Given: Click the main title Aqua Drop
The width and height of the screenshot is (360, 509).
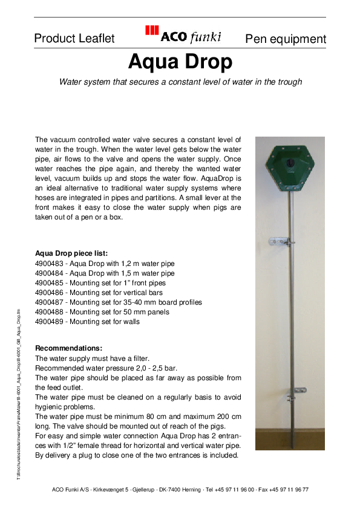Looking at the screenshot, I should pos(180,62).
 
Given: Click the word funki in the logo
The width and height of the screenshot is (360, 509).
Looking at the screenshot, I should pos(206,37).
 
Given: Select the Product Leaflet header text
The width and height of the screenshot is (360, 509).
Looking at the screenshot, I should pos(74,39).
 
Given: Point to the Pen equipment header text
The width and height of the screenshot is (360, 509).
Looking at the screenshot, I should pos(286,39).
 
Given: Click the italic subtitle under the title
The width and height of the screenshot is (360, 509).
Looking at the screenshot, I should pos(180,82).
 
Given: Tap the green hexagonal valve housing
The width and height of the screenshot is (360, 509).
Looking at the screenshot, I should pos(289,166).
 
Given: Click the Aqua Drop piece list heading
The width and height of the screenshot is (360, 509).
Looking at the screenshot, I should pos(71,253).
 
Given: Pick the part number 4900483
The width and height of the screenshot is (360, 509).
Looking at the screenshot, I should pos(51,264).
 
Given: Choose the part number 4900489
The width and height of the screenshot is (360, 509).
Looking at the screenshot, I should pos(51,322).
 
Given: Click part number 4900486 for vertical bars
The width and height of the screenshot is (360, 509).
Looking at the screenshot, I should pos(51,293).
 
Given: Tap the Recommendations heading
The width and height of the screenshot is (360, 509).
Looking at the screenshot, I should pos(69,348).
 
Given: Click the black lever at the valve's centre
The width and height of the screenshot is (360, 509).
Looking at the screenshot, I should pos(290,164).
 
